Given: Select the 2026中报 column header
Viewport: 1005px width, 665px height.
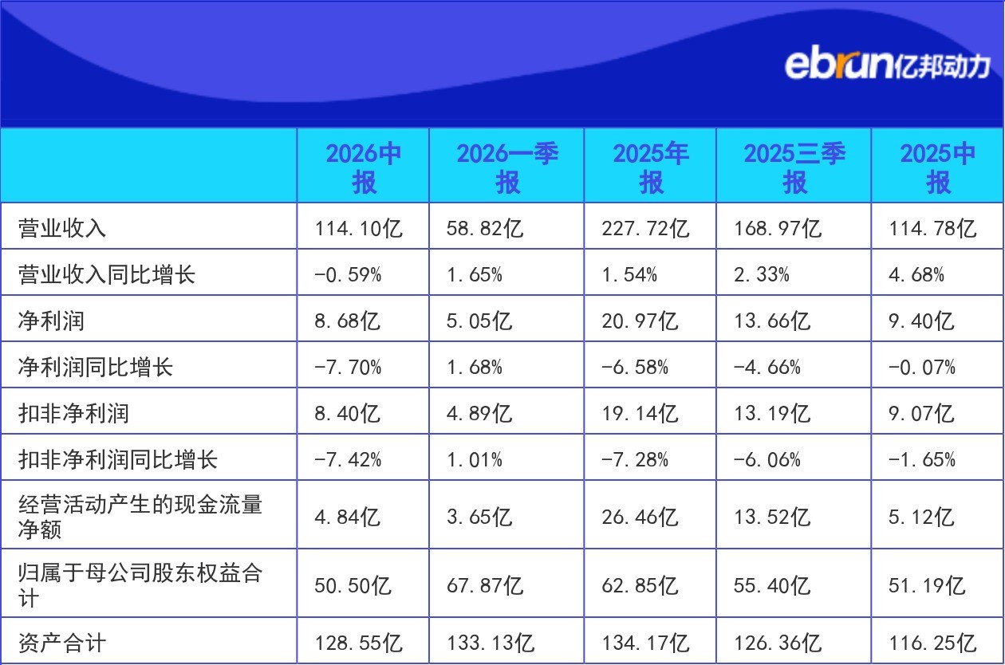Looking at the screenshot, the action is [x=364, y=167].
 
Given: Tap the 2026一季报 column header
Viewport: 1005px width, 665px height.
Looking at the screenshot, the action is [x=507, y=167].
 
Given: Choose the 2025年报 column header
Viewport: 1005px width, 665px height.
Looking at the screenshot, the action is [x=651, y=167].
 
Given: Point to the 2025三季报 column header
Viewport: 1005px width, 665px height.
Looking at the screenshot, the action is [x=794, y=167].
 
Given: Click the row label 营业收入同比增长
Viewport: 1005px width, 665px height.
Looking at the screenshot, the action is [x=107, y=274].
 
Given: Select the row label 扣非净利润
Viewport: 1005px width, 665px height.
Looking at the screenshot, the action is [x=73, y=413].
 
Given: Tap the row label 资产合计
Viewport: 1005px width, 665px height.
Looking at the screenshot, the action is [x=62, y=643].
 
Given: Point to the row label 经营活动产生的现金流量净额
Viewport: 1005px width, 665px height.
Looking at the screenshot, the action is [x=140, y=517].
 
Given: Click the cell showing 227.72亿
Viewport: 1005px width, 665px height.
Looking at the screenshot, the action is [x=645, y=228].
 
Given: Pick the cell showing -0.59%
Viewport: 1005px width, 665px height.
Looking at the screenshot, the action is [x=348, y=274].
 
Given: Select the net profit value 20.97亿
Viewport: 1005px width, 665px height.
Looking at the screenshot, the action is [x=640, y=321].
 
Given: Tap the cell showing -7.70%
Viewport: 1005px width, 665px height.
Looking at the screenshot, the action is [x=348, y=368].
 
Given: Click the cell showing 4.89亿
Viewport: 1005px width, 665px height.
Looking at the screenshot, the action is [x=479, y=414].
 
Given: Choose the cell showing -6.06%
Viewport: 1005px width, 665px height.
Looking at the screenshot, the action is [x=767, y=459].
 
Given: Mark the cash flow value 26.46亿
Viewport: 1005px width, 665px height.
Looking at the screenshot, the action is [x=640, y=517].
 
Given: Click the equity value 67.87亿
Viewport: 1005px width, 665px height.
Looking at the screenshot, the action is [x=485, y=585].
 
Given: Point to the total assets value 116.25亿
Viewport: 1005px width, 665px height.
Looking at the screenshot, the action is [x=932, y=643].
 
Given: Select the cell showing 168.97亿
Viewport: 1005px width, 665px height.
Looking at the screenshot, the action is [x=778, y=228].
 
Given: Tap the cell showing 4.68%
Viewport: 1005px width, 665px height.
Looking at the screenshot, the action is [x=916, y=274].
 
